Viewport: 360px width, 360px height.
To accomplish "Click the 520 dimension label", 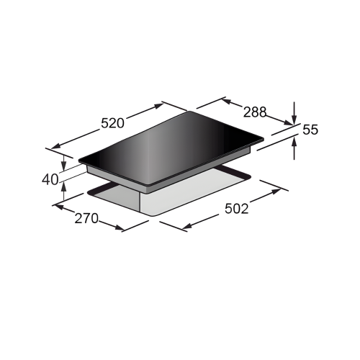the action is tap(112, 123).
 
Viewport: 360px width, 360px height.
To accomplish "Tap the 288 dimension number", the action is tap(255, 112).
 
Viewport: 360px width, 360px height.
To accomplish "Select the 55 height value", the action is tap(310, 130).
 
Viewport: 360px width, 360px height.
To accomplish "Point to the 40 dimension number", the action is tap(50, 179).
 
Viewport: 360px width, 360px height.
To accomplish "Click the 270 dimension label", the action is tap(86, 218).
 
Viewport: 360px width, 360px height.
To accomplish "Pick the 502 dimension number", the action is tap(236, 209).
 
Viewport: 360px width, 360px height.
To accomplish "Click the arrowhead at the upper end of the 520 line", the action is tap(159, 106).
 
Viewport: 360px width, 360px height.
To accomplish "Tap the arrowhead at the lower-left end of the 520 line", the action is tap(55, 145).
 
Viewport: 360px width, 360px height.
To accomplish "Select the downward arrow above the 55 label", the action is tap(294, 113).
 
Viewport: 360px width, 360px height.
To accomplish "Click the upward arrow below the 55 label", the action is tap(294, 149).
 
